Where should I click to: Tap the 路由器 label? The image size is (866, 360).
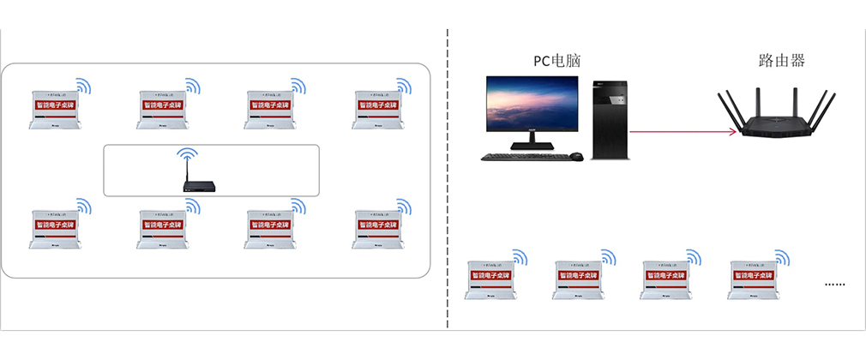point(782,61)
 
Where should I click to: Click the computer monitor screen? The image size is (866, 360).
point(532,106)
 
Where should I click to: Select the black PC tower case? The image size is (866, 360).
point(611,120)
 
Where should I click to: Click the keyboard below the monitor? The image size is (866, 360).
point(521,157)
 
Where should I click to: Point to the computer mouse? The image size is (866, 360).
point(577,157)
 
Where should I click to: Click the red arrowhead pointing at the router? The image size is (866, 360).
point(734,132)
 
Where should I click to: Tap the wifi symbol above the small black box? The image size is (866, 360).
point(187,159)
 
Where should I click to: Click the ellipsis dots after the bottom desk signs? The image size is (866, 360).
point(834,283)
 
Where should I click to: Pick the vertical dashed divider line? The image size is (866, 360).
point(448,180)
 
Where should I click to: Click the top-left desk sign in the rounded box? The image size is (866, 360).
point(53,108)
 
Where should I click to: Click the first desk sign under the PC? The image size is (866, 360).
point(490,279)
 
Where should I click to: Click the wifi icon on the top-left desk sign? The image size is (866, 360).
point(83,86)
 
